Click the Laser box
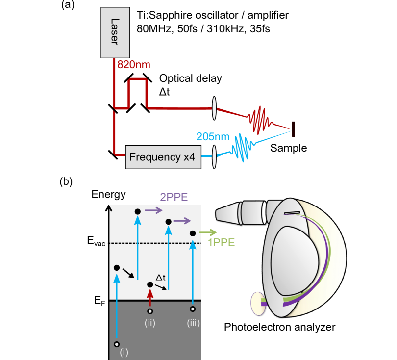tap(115, 32)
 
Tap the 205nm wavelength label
tap(212, 137)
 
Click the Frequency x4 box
tap(163, 157)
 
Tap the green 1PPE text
tap(222, 242)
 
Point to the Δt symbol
tap(161, 278)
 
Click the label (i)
tap(124, 352)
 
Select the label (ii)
tap(149, 323)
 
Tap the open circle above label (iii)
tap(193, 309)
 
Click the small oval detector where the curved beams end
tap(257, 304)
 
